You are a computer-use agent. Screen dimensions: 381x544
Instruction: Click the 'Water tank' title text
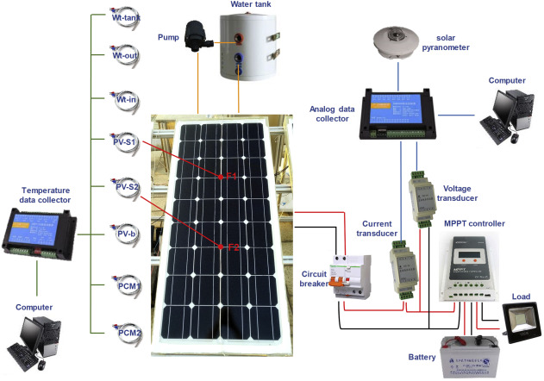pyautogui.click(x=252, y=6)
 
